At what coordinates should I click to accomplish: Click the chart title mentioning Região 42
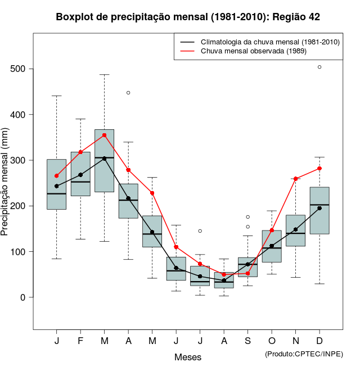[x=188, y=17]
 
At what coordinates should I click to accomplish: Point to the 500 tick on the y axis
[x=22, y=69]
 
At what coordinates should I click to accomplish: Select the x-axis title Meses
[x=188, y=357]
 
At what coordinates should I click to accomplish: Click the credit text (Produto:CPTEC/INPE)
[x=304, y=354]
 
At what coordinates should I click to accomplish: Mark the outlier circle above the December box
[x=319, y=67]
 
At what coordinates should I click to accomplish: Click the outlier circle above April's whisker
[x=128, y=93]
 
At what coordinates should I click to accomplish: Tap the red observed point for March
[x=105, y=135]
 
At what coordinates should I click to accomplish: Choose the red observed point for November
[x=296, y=179]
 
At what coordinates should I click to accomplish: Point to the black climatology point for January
[x=57, y=186]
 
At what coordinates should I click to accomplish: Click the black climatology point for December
[x=319, y=208]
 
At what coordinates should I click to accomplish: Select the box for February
[x=80, y=174]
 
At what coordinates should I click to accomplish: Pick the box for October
[x=272, y=246]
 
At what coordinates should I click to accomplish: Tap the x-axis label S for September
[x=248, y=341]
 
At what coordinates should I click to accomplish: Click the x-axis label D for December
[x=319, y=341]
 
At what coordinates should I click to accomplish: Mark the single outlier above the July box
[x=200, y=231]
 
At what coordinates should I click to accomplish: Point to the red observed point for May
[x=152, y=193]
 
